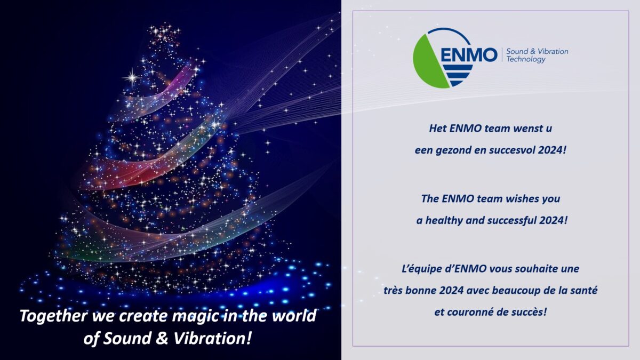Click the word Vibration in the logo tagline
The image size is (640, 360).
[553, 52]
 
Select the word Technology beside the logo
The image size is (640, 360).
[526, 60]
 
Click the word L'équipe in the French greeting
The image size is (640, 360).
[417, 269]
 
